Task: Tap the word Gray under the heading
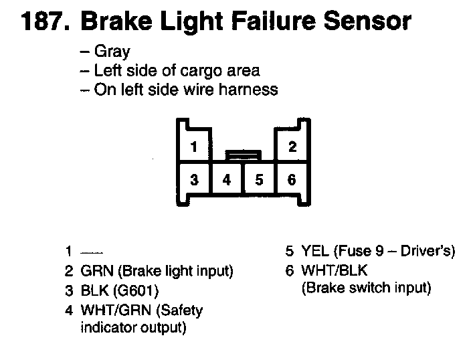click(112, 51)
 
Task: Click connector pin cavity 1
click(193, 146)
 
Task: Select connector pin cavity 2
click(292, 146)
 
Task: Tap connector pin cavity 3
click(193, 179)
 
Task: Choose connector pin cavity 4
click(227, 179)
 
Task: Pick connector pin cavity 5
click(260, 179)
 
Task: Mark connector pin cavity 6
click(292, 179)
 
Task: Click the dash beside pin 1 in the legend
click(91, 253)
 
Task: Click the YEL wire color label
click(314, 252)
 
